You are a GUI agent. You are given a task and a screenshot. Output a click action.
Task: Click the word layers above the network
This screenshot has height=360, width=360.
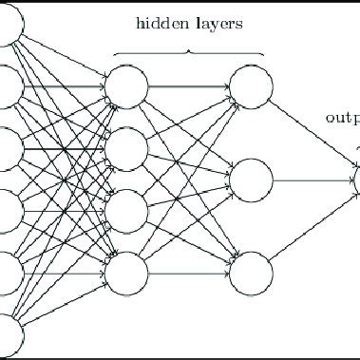click(x=217, y=23)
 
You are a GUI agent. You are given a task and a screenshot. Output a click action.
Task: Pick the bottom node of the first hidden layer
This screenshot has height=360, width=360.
click(x=126, y=273)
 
